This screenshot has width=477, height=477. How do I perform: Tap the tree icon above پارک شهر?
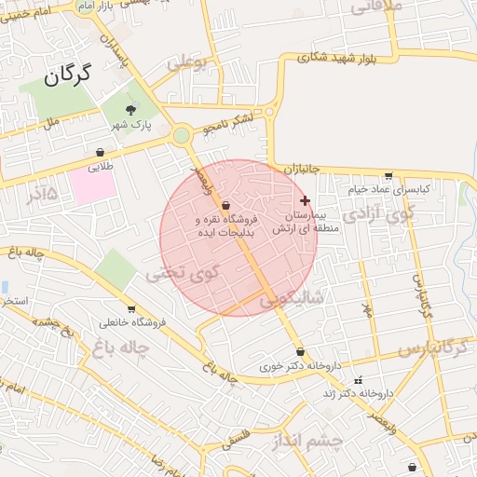point(129,109)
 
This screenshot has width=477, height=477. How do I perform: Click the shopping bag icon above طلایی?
point(100,152)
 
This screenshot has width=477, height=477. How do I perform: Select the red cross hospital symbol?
point(305,200)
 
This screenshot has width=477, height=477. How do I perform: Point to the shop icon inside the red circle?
point(226,205)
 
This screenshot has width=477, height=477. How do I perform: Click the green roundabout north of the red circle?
point(181,136)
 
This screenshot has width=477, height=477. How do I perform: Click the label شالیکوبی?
point(291,299)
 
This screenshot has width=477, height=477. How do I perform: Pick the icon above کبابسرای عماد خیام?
point(388,176)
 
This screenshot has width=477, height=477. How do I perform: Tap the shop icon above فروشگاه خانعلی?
point(130,309)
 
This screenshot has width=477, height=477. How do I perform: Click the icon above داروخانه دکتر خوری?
point(300,352)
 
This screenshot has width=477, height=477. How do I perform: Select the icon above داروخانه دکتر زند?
point(359,381)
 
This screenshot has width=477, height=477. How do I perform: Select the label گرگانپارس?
point(432,348)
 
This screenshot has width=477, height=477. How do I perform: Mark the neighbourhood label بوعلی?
point(187,64)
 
